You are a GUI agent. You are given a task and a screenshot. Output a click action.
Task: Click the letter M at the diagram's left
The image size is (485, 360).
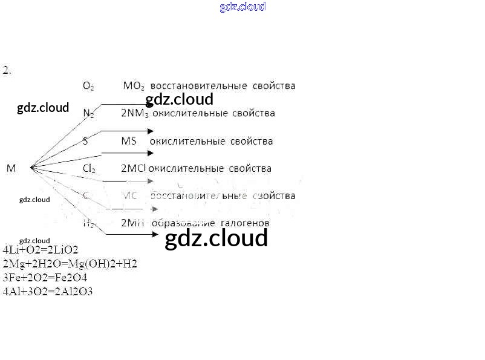pos(11,168)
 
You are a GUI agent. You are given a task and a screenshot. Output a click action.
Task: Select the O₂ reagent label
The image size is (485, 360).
pos(88,86)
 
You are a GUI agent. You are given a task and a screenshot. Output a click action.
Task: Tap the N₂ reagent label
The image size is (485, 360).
pos(88,113)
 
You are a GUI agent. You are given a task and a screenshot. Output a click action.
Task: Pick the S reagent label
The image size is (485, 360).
pos(85,141)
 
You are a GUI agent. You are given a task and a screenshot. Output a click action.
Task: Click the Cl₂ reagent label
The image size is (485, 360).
pos(89,169)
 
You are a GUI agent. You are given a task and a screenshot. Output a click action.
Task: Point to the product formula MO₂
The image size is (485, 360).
pos(134,86)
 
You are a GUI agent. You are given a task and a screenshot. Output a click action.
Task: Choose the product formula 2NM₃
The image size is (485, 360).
pos(134,113)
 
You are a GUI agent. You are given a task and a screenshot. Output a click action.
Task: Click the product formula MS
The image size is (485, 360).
pos(128,141)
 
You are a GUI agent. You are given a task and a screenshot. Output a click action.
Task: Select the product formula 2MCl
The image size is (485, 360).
pos(134,169)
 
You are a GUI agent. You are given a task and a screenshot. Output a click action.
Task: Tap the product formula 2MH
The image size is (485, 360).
pos(132,223)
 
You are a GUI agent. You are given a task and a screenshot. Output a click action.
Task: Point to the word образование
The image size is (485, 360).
pos(180,223)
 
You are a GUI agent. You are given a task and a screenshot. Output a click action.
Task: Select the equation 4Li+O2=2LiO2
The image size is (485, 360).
pos(41,249)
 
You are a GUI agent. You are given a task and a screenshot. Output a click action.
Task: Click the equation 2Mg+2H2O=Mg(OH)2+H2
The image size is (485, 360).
pos(70,263)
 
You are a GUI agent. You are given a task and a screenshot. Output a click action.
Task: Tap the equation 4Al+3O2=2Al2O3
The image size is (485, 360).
pos(48,292)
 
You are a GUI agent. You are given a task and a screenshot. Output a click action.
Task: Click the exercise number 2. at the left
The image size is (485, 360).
pos(7,70)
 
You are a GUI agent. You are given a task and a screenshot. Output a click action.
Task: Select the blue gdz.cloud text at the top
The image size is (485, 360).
pos(242,7)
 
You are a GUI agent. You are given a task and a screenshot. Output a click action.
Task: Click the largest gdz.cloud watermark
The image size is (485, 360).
pos(216,238)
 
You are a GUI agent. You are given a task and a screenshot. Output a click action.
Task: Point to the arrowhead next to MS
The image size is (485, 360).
pos(151,153)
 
